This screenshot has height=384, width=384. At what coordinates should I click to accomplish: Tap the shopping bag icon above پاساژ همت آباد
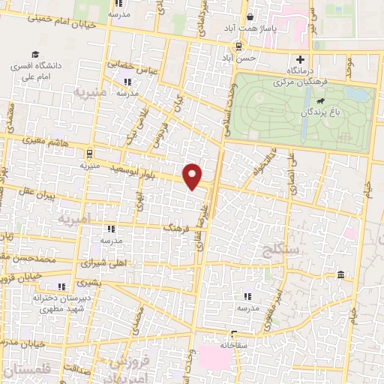(x=250, y=16)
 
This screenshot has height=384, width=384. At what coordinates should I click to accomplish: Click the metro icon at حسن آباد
(x=238, y=45)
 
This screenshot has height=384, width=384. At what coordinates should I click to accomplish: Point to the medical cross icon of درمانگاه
(x=300, y=59)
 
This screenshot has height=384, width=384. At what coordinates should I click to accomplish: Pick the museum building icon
(x=341, y=277)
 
